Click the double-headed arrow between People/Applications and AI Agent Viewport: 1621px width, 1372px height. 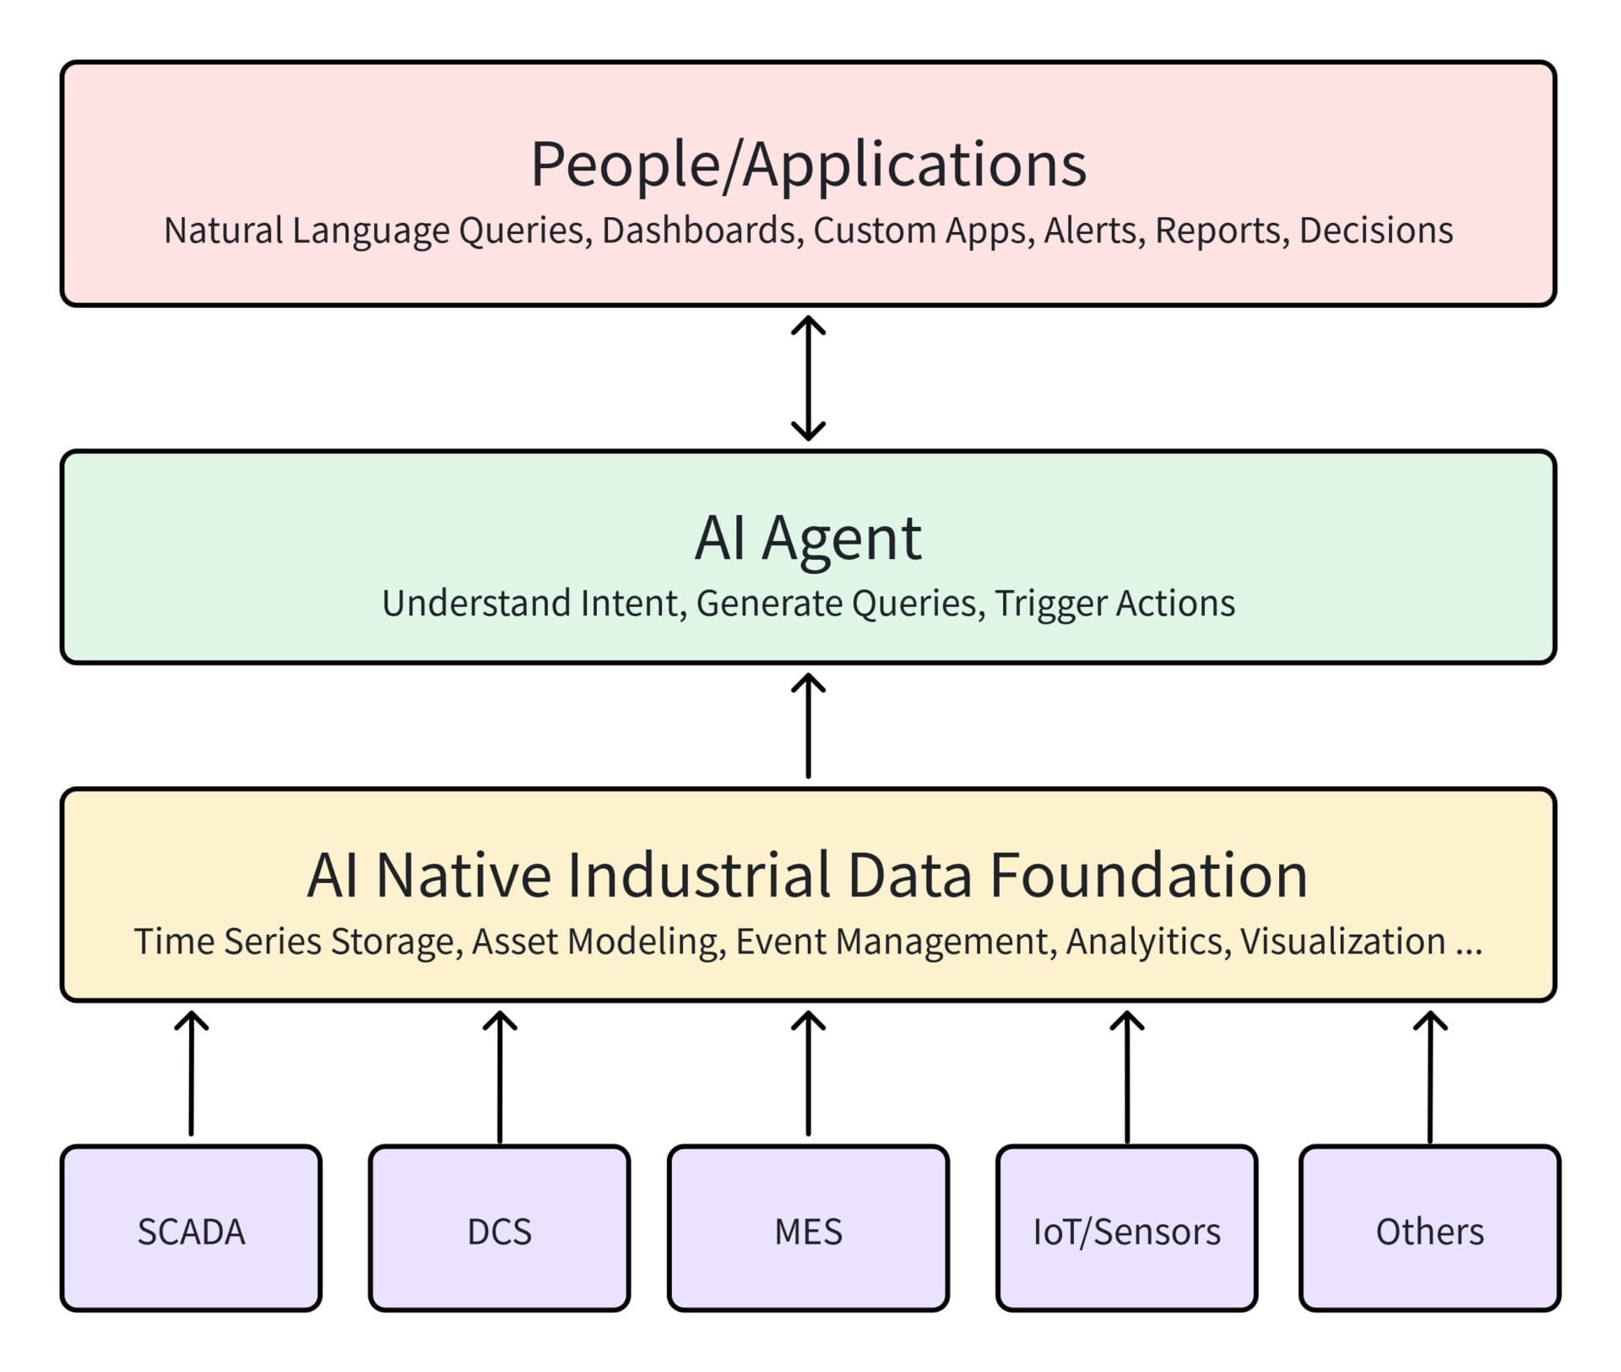click(808, 377)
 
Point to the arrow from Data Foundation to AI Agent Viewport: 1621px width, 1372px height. click(808, 726)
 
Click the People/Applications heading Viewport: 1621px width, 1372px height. click(808, 164)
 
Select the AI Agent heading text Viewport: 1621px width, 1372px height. click(808, 538)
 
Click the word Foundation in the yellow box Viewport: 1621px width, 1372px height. click(1148, 875)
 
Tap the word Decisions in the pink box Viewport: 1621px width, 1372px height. click(1376, 230)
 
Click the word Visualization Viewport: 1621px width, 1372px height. click(1342, 941)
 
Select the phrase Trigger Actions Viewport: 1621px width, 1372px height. click(1114, 604)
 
